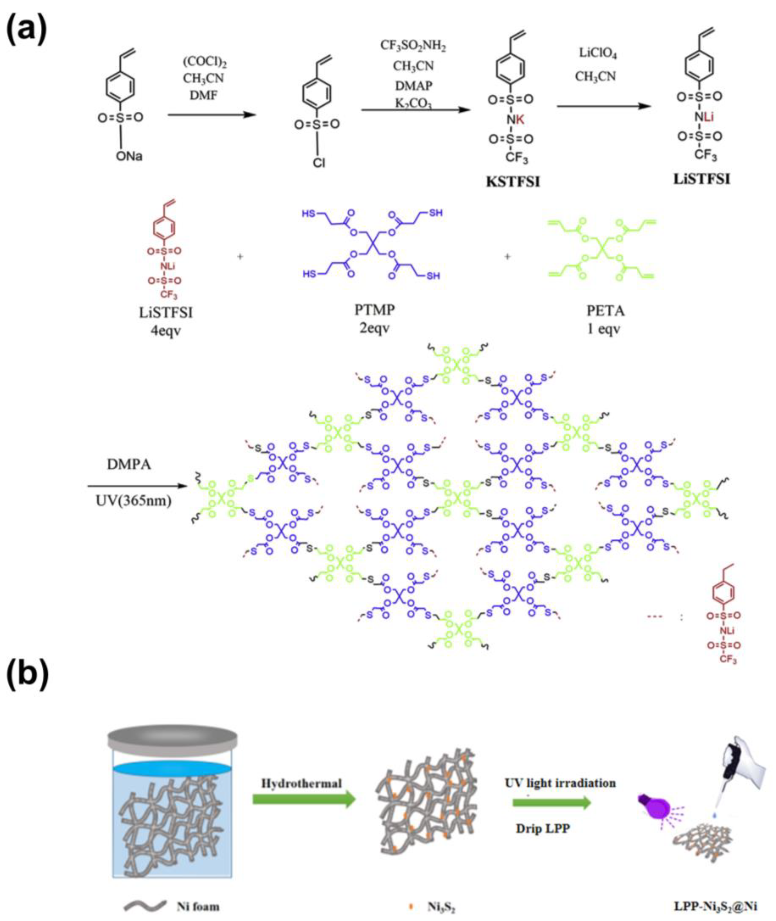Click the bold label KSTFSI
coord(513,182)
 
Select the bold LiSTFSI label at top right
coord(702,179)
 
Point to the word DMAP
coord(413,85)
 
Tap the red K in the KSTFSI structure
coord(520,119)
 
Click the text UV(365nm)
coord(133,500)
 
